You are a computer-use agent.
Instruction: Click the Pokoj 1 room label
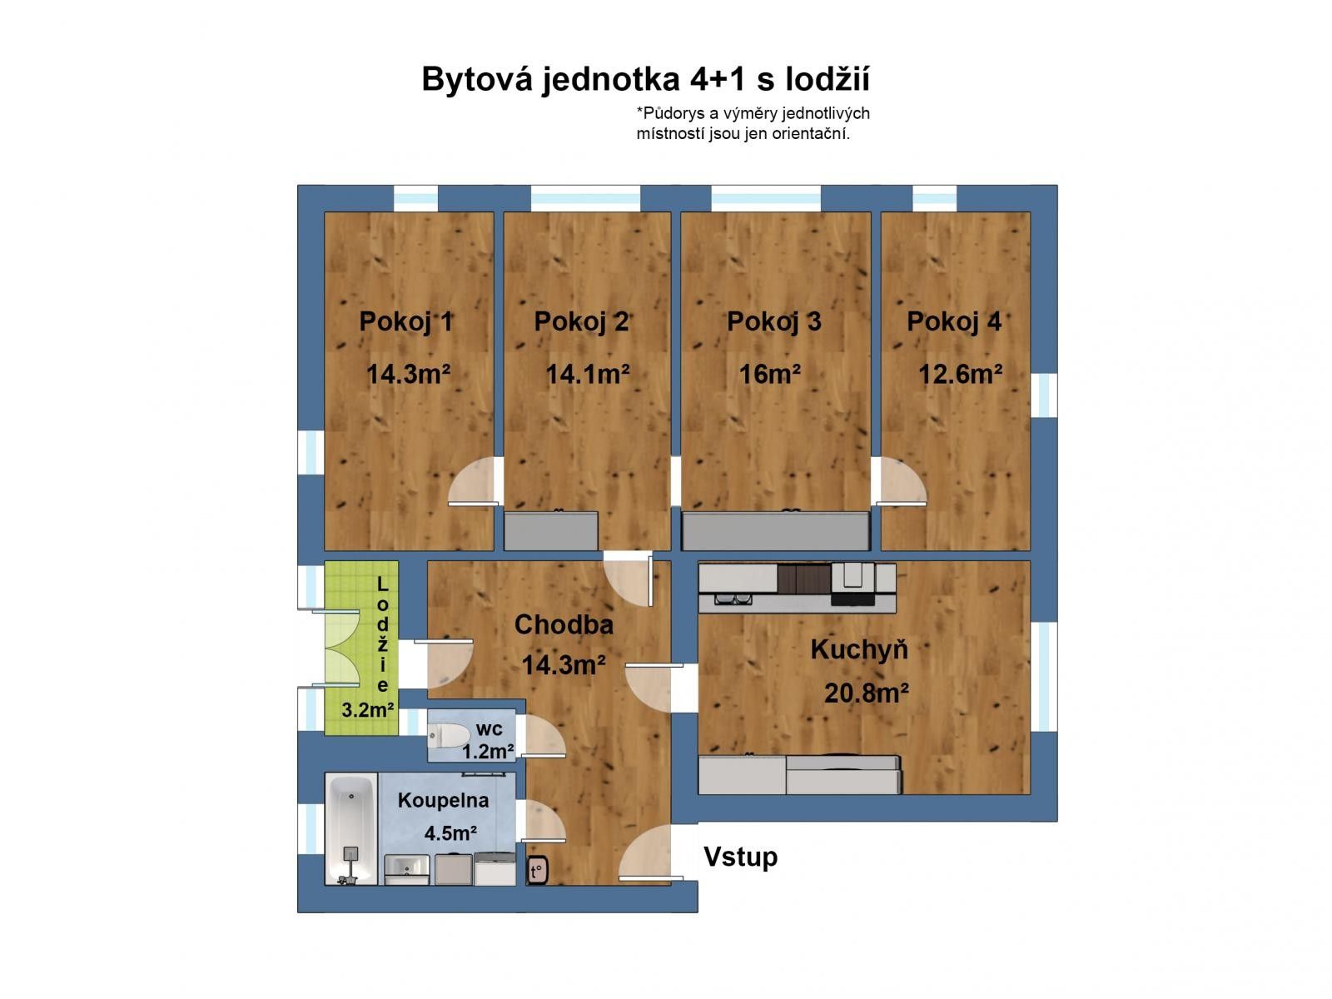(406, 322)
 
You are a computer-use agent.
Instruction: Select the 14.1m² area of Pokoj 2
(587, 375)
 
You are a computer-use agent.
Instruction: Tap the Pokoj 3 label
(773, 322)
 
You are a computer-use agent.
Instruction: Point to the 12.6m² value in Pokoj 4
(960, 375)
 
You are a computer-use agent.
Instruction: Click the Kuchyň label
(859, 650)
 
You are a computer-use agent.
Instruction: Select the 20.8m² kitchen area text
(866, 693)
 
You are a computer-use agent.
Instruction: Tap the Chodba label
(564, 625)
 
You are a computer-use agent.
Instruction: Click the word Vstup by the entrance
(740, 857)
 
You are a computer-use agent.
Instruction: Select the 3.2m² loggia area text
(368, 710)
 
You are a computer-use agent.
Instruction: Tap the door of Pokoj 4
(901, 483)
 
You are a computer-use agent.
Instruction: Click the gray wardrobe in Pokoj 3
(775, 531)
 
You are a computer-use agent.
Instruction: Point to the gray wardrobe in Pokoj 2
(551, 531)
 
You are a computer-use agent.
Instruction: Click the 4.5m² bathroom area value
(450, 833)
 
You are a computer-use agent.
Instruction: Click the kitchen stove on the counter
(852, 578)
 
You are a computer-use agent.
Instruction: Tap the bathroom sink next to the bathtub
(406, 869)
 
